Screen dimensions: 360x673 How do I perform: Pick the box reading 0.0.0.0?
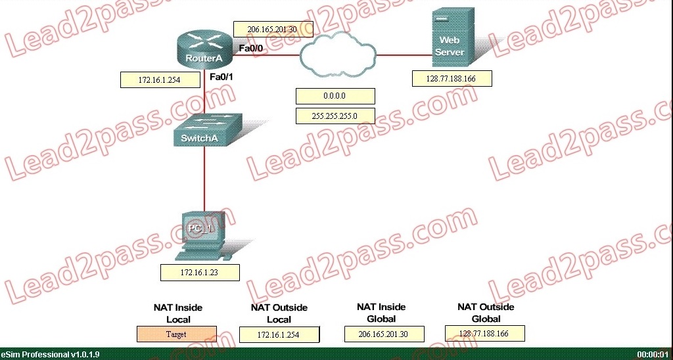coord(335,97)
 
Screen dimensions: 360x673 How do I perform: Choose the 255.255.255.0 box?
coord(335,116)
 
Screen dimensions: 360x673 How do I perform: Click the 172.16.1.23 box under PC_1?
coord(200,272)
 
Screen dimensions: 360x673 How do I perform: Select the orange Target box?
coord(176,334)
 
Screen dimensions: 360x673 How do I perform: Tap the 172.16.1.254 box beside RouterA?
coord(160,80)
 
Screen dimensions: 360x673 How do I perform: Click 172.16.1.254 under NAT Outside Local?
coord(279,334)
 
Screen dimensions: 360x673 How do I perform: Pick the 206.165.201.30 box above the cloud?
coord(273,30)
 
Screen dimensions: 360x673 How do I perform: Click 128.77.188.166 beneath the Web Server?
coord(452,79)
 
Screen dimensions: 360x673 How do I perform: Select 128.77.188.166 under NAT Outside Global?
coord(484,333)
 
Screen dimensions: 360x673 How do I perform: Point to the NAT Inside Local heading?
coord(178,313)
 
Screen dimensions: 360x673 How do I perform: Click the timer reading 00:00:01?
coord(652,355)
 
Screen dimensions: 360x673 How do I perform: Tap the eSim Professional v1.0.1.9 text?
coord(51,355)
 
